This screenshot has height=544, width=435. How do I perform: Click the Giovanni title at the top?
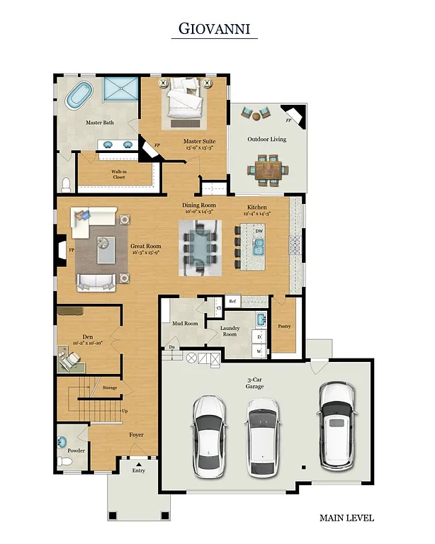(214, 29)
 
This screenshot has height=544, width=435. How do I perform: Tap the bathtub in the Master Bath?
(83, 97)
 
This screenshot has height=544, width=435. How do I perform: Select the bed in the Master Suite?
(185, 101)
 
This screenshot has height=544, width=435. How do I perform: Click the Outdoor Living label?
(266, 140)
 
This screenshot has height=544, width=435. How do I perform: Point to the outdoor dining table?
(269, 169)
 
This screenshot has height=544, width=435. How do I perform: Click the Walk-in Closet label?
(118, 174)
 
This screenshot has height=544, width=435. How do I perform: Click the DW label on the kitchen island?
(259, 232)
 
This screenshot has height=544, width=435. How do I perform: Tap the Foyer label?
(137, 436)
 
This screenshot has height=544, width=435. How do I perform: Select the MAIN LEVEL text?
(346, 518)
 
